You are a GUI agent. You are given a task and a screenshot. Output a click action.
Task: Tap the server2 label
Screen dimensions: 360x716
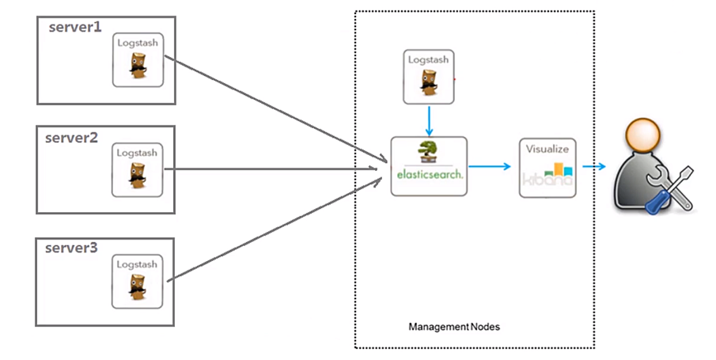point(71,137)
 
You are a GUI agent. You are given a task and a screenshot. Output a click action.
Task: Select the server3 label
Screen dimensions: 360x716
point(71,248)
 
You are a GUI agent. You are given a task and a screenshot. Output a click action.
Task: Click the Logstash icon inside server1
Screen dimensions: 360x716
point(138,60)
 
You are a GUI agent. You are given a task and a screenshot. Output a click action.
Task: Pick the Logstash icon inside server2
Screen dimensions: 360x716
point(138,170)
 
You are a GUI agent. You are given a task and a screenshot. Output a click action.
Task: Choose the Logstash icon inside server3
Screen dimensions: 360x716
point(138,282)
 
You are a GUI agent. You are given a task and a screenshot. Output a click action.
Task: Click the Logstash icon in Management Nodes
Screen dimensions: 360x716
point(429,78)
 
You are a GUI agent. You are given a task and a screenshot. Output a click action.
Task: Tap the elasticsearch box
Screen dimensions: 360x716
point(429,166)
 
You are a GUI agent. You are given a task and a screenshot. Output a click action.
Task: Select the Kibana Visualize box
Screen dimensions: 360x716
point(547,168)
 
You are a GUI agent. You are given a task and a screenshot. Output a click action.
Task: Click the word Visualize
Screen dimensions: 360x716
point(547,148)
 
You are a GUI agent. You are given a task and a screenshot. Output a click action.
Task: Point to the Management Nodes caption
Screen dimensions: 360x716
point(454,326)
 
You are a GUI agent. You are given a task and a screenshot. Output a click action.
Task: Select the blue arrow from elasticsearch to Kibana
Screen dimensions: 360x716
point(492,166)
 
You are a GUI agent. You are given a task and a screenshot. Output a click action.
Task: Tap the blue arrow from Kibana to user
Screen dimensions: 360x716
point(594,166)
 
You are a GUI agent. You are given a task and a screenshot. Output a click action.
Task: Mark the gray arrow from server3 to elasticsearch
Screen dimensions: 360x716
point(269,229)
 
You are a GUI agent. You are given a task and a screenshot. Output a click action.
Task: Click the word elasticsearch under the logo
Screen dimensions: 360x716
point(429,174)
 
